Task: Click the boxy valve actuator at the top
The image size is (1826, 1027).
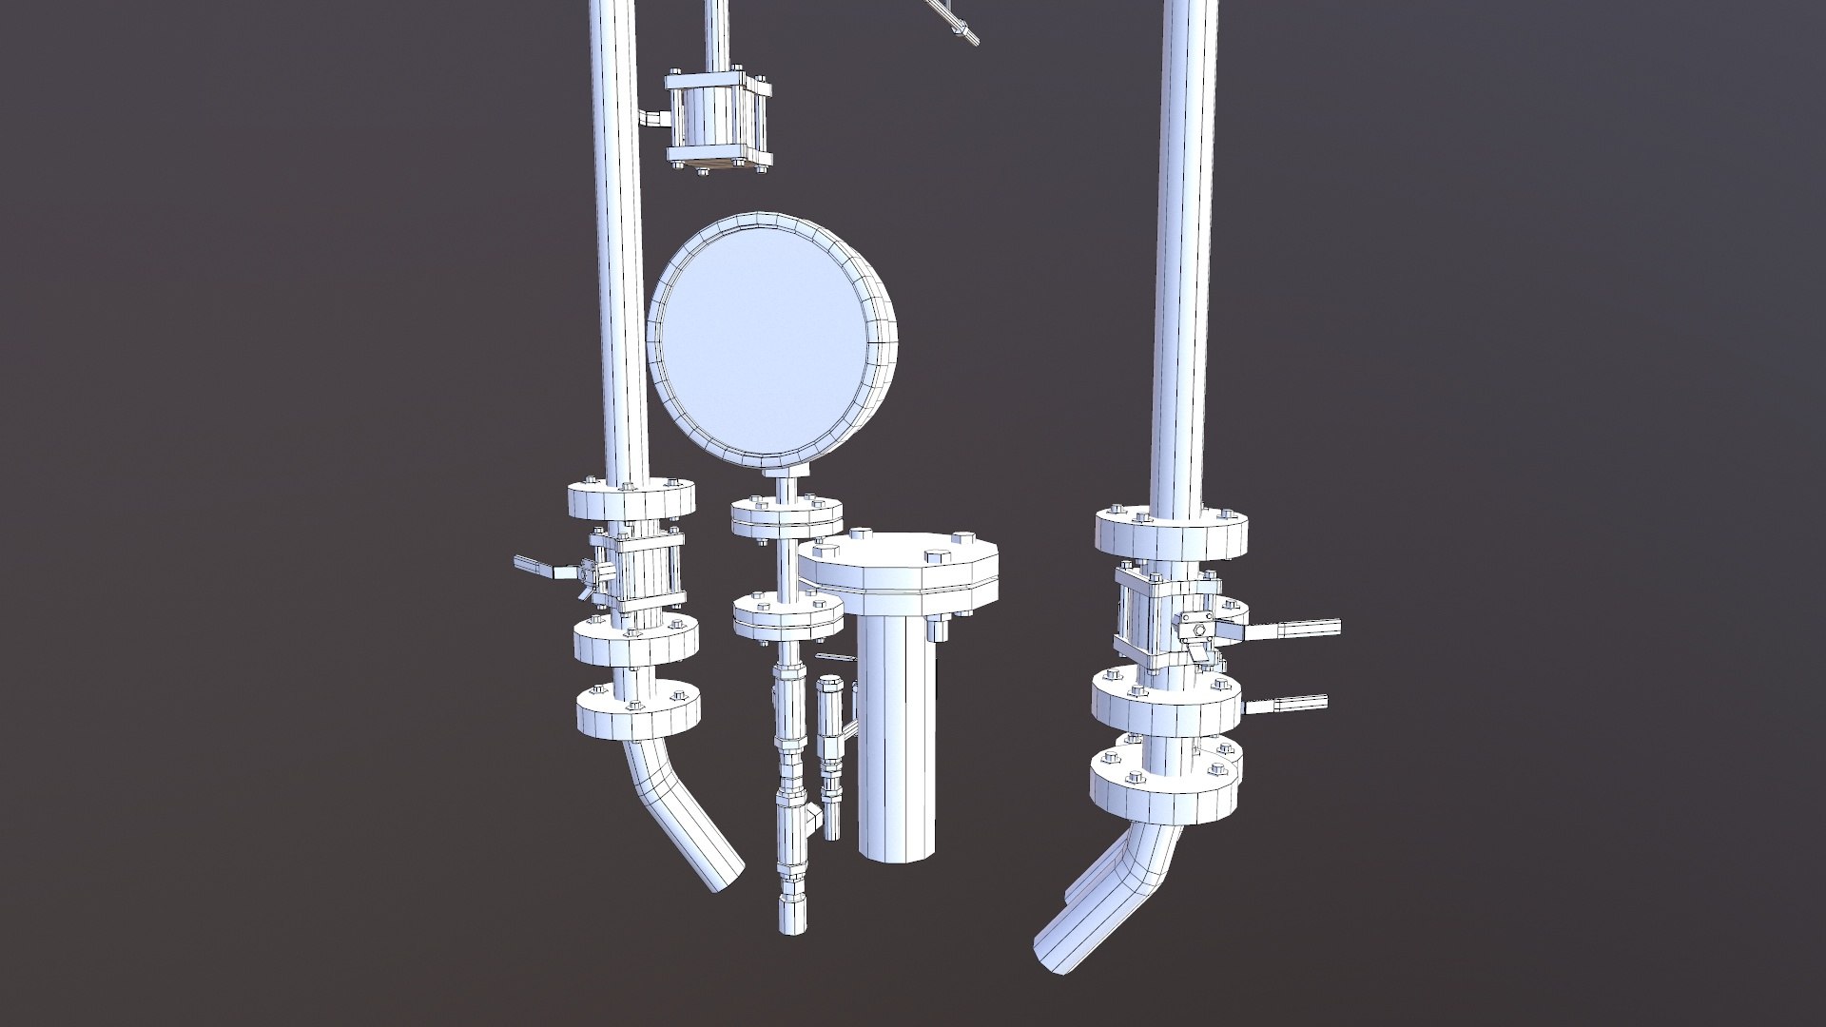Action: pos(718,122)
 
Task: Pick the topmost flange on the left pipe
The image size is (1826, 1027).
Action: pos(631,500)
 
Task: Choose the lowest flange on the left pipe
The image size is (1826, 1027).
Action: pos(638,713)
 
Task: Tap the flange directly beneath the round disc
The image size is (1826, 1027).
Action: pos(787,518)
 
